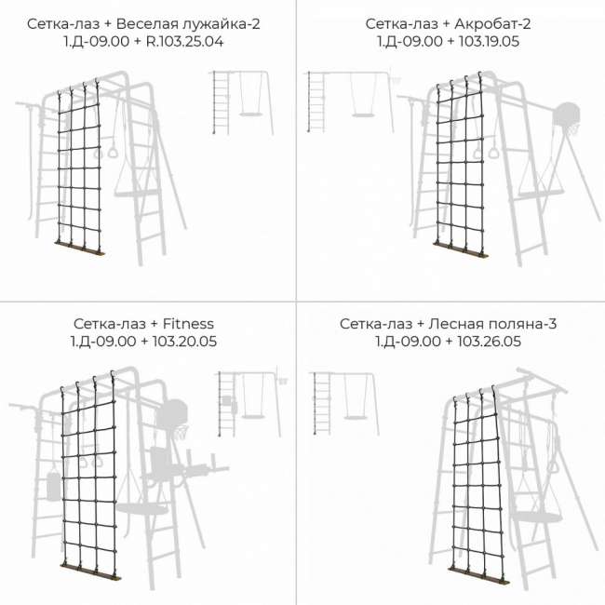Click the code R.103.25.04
(x=184, y=41)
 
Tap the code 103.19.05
(x=489, y=41)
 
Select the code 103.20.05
(x=184, y=341)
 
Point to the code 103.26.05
(x=489, y=341)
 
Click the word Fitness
(x=188, y=323)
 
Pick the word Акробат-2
(x=492, y=24)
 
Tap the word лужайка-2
(x=222, y=24)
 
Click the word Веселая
(x=147, y=24)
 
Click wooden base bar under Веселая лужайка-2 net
(x=80, y=248)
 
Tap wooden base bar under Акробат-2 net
(x=461, y=250)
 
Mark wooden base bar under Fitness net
(x=90, y=571)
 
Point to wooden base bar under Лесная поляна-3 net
(x=478, y=575)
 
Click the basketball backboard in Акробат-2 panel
(x=567, y=114)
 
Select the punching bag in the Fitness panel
(x=54, y=485)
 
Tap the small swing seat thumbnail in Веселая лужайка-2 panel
(x=250, y=114)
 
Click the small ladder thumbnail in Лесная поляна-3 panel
(x=322, y=403)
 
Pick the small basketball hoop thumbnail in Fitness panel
(x=283, y=380)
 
